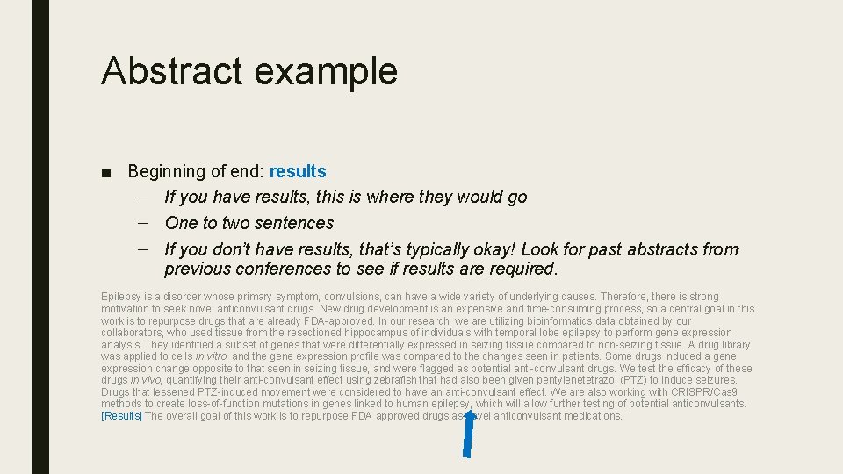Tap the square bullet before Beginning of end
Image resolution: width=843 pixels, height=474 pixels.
click(106, 172)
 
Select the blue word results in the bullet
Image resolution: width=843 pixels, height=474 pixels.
click(298, 171)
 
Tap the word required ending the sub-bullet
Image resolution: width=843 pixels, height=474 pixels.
click(522, 269)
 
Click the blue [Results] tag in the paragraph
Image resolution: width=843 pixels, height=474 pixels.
click(122, 416)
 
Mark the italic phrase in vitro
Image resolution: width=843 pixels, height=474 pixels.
click(211, 356)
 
